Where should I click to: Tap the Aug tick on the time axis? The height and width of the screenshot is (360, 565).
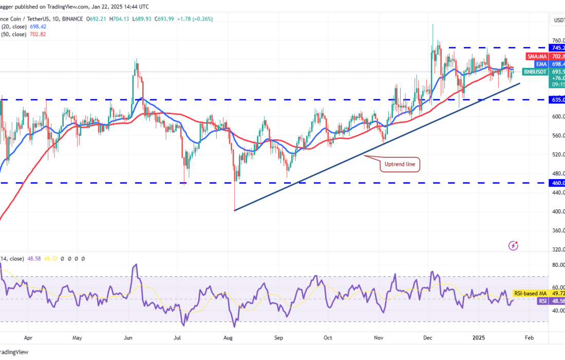click(229, 338)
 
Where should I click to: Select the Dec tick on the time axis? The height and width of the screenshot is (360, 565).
click(427, 338)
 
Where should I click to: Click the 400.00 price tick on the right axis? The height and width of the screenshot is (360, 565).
click(558, 211)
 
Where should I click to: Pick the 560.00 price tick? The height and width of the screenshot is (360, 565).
click(558, 136)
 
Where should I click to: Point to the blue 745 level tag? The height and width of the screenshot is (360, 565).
click(558, 48)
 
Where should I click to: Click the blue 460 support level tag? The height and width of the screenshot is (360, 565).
click(558, 183)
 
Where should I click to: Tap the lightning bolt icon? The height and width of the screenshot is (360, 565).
click(513, 246)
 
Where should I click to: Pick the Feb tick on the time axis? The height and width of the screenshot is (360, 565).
click(529, 338)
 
